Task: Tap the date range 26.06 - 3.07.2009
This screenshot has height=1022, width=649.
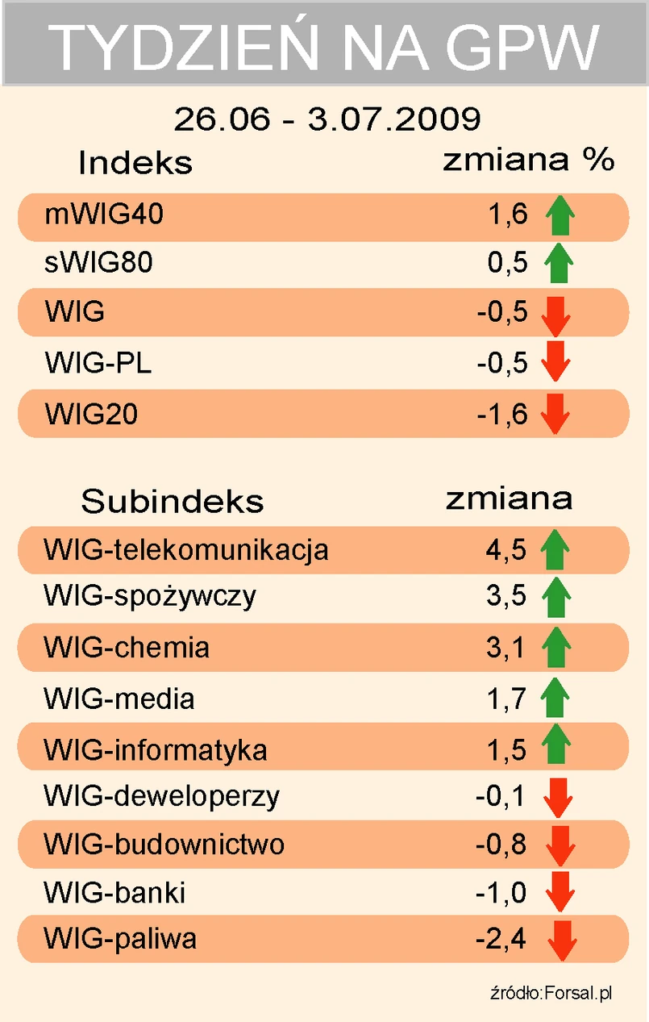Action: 327,119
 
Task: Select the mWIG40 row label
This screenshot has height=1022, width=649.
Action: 106,215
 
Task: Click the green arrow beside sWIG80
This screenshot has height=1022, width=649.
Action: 558,264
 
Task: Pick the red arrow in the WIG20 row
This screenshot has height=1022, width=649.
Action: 556,414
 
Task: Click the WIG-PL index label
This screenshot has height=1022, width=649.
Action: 98,363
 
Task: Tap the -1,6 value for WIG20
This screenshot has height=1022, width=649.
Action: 501,414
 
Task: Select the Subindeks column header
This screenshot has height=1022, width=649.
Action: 173,502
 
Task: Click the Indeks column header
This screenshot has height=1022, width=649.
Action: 135,163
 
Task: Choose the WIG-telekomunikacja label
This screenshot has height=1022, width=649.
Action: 186,550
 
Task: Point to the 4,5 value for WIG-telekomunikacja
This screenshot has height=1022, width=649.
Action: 506,550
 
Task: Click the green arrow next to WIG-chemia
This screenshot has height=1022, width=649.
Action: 555,648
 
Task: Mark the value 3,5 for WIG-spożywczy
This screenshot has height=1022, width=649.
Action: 506,596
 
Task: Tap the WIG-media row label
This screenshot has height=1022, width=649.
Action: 119,699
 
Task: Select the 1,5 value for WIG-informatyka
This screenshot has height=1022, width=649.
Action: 506,750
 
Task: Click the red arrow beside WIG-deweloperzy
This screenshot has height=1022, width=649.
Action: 558,798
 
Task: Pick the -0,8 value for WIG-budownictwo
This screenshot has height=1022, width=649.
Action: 501,845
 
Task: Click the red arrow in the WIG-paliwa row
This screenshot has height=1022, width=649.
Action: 561,941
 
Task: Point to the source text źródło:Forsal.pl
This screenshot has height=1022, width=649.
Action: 551,993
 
